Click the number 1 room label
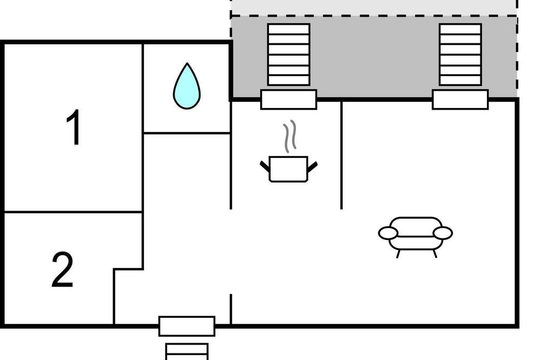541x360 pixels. click(x=74, y=128)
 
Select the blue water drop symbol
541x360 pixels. click(x=187, y=86)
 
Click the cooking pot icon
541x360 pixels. click(x=288, y=169)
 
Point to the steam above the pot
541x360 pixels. click(x=291, y=135)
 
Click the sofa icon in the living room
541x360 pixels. click(x=415, y=234)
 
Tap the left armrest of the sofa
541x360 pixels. click(x=388, y=233)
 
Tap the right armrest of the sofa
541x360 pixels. click(x=443, y=233)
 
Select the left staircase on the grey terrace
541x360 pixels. click(x=289, y=54)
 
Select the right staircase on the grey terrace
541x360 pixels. click(x=460, y=54)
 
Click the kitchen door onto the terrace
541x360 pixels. click(x=288, y=99)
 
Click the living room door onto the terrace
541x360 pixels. click(x=460, y=99)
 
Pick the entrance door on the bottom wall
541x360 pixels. click(x=187, y=326)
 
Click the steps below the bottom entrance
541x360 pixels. click(x=187, y=350)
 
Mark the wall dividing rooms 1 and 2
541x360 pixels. click(x=73, y=212)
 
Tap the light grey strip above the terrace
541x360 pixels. click(x=373, y=8)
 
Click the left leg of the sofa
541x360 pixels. click(x=399, y=252)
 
